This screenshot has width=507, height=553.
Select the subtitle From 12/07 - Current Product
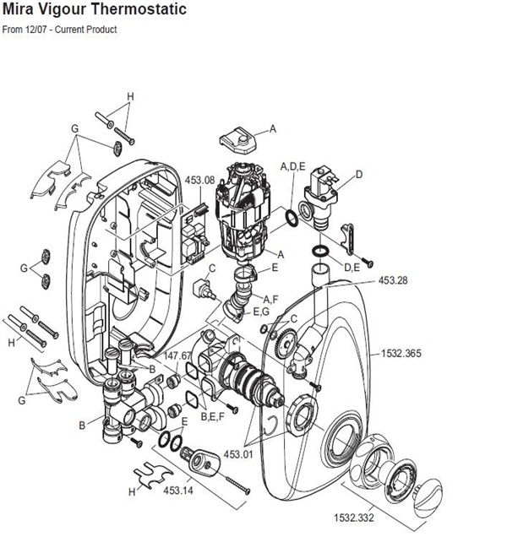point(60,30)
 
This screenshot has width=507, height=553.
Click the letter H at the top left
point(130,96)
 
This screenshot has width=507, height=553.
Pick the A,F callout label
point(270,298)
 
